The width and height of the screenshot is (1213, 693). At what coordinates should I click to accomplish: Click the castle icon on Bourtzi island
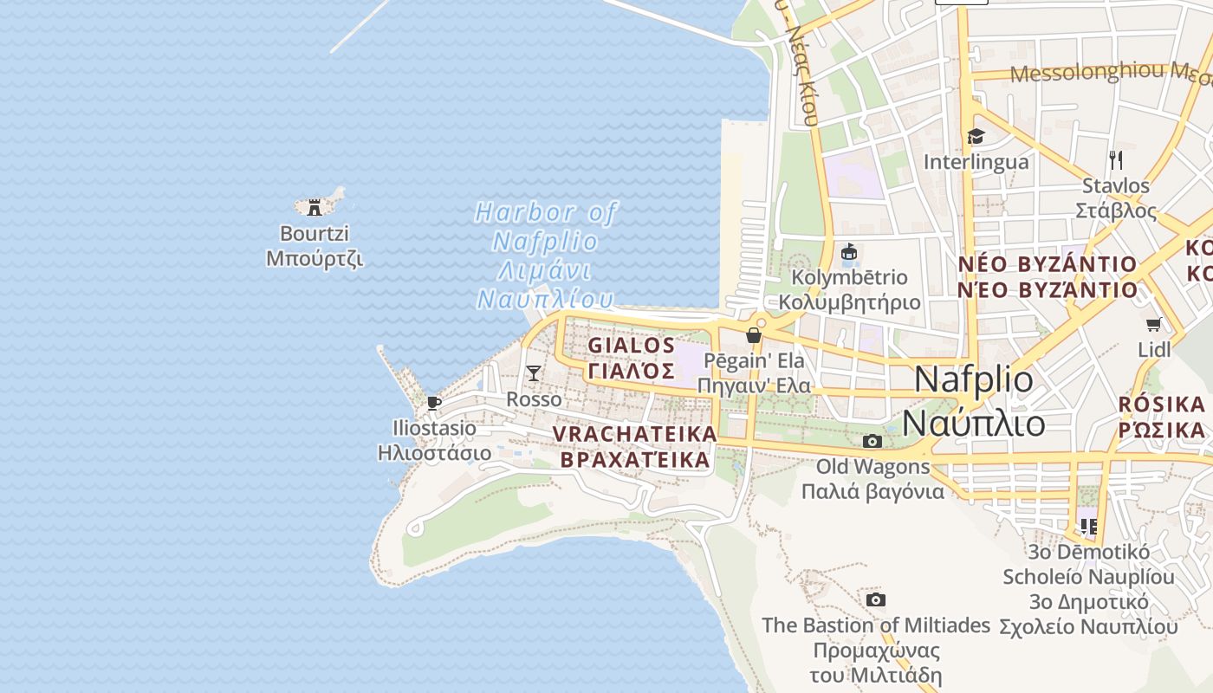(x=315, y=207)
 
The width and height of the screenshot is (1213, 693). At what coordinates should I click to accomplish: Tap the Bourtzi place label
(x=314, y=246)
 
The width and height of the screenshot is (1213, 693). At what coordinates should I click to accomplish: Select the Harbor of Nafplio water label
(x=546, y=256)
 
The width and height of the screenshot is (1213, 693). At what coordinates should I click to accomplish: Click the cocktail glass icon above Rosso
(x=534, y=373)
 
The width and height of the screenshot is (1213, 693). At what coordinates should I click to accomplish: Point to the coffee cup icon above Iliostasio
(x=434, y=403)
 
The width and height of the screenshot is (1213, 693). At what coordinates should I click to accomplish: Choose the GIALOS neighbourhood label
(x=632, y=358)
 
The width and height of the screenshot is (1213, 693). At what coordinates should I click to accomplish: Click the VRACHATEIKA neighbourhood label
(x=635, y=446)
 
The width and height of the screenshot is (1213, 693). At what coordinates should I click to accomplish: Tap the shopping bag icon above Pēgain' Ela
(x=754, y=335)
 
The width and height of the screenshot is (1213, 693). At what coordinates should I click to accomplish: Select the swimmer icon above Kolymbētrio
(x=849, y=253)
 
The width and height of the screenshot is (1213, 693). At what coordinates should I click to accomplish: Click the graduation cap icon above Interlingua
(x=976, y=137)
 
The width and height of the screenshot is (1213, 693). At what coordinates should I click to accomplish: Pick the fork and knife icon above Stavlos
(x=1116, y=160)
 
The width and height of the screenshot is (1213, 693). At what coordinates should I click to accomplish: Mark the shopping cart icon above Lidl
(x=1153, y=325)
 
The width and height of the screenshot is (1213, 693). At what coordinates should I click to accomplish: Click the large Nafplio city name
(x=974, y=401)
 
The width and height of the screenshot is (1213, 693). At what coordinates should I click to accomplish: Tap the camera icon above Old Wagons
(x=872, y=442)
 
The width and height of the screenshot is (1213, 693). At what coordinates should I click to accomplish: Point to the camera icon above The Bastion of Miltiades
(x=875, y=600)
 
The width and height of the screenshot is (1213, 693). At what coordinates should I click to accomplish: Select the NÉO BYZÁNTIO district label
(x=1047, y=276)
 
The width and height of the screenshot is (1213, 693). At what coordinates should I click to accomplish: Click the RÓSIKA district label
(x=1162, y=417)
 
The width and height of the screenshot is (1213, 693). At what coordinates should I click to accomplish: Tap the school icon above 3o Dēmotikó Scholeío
(x=1088, y=526)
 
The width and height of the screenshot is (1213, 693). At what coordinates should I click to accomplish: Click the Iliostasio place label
(x=434, y=440)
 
